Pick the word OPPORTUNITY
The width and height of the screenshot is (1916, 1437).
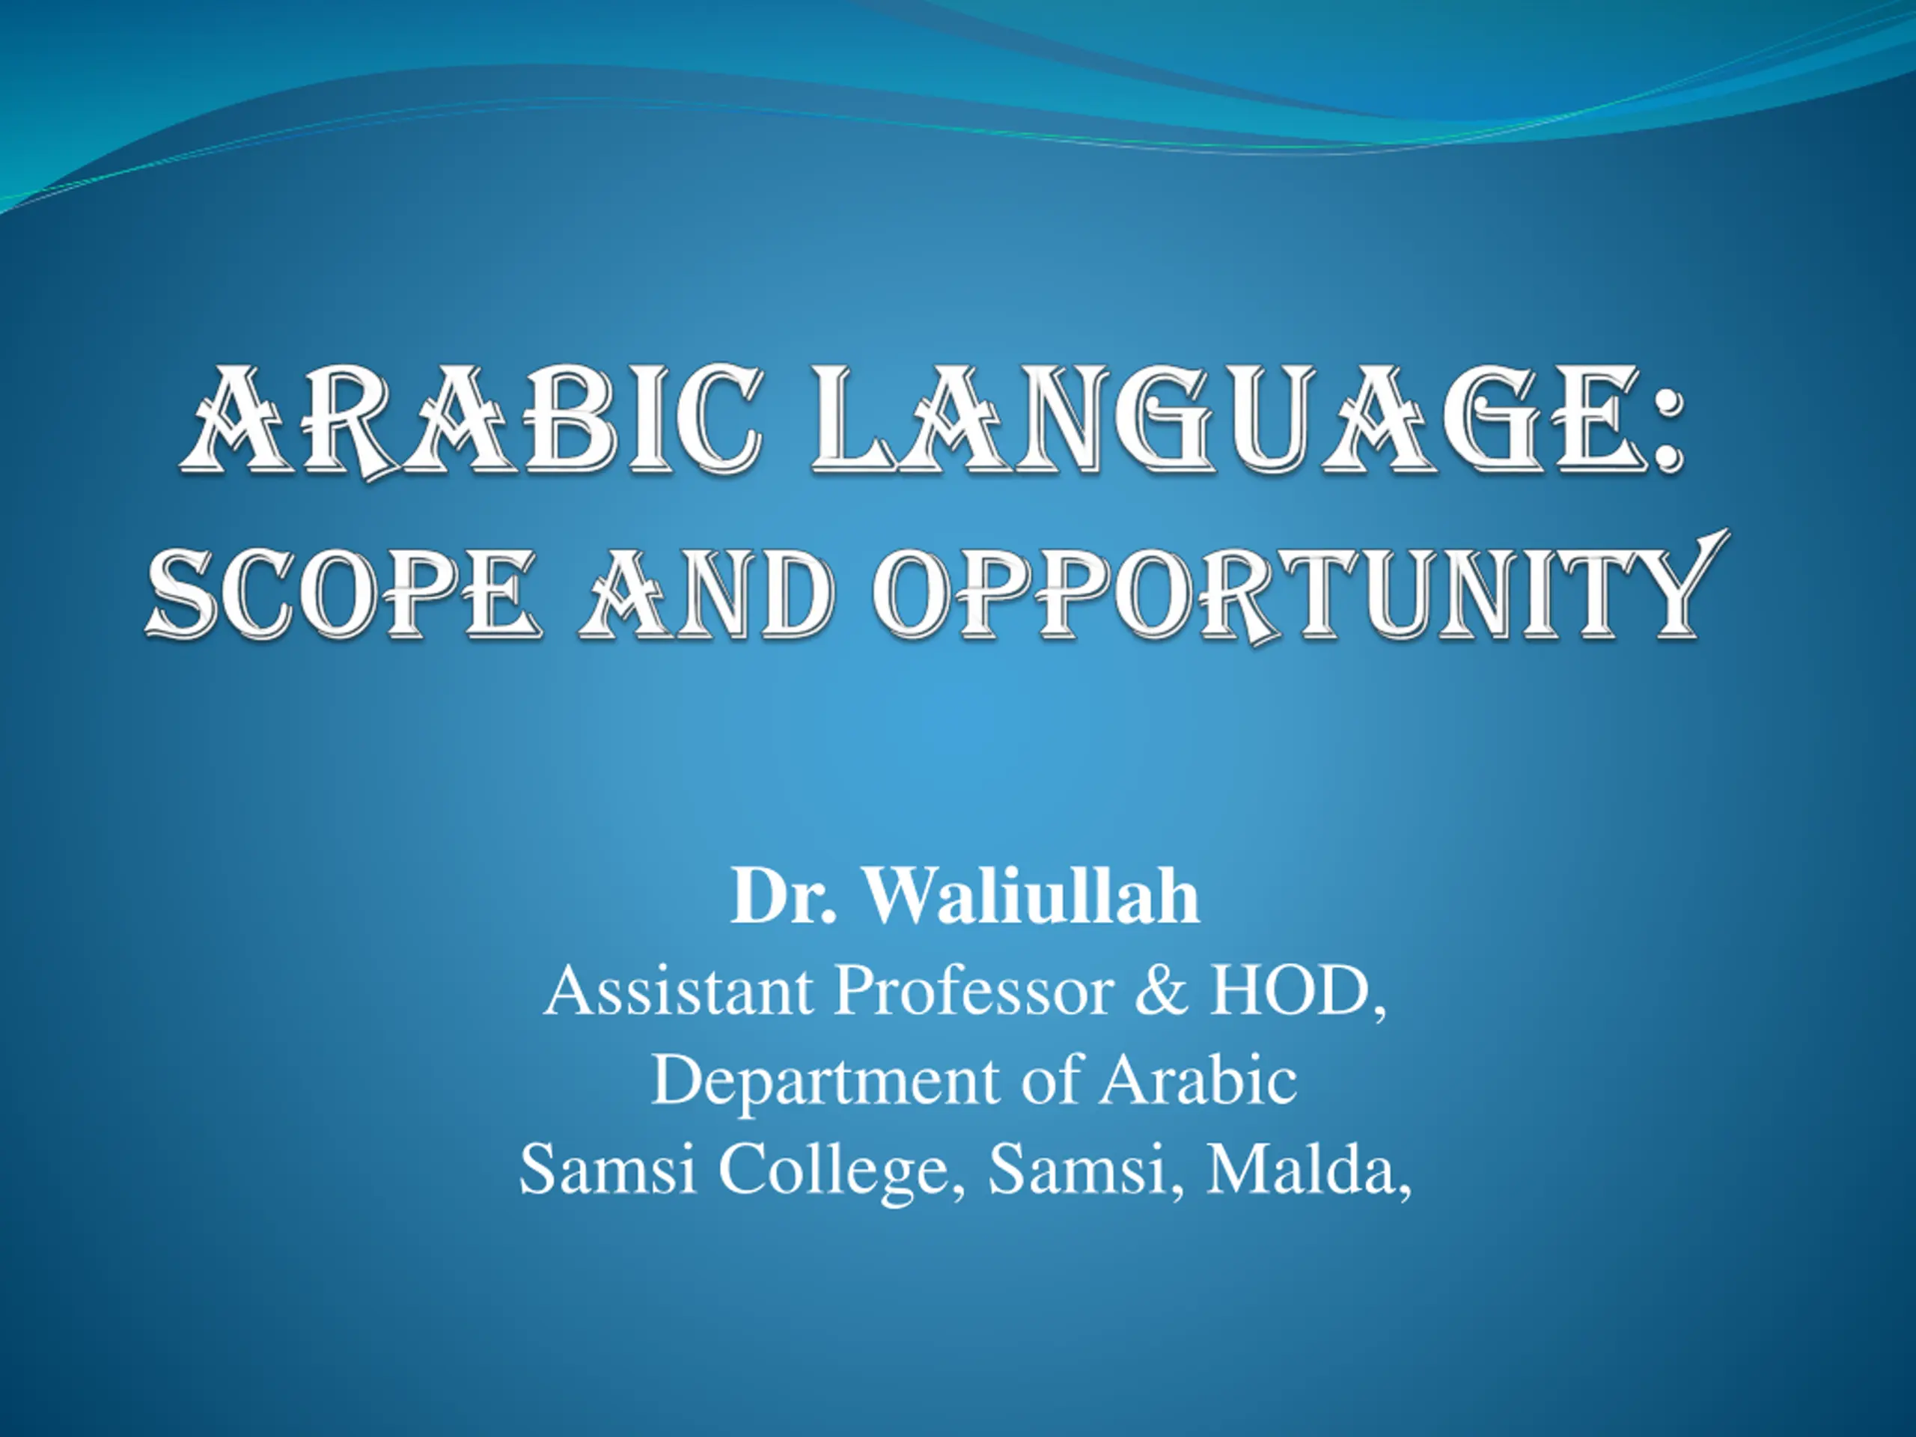point(1299,589)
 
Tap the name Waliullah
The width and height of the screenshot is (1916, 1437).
point(1033,896)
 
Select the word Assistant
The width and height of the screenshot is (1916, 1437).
point(679,990)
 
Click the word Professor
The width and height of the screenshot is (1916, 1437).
point(974,990)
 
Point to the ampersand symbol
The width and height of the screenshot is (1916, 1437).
point(1162,990)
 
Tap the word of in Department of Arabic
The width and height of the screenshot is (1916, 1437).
point(1051,1080)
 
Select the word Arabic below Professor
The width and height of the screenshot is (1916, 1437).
point(1198,1080)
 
